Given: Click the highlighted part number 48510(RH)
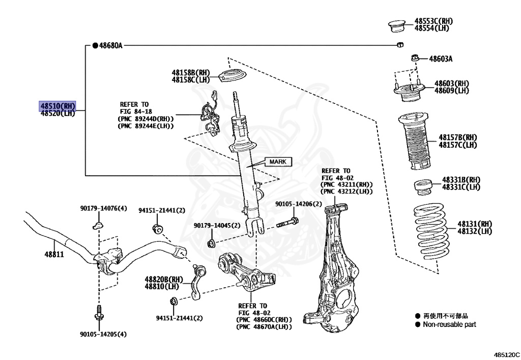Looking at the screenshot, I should coord(57,106).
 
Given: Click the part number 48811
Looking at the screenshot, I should coord(53,254).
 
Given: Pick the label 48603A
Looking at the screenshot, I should coord(440,59).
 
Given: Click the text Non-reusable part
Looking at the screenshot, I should coord(449,324).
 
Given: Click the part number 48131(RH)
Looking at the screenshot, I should coord(474,224).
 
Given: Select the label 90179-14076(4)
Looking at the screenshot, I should coord(103,208).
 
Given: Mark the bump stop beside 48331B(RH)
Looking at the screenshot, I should coord(422,187).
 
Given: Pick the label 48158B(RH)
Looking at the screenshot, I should coord(190,73).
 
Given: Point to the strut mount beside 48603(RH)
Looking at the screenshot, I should coord(408,92).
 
